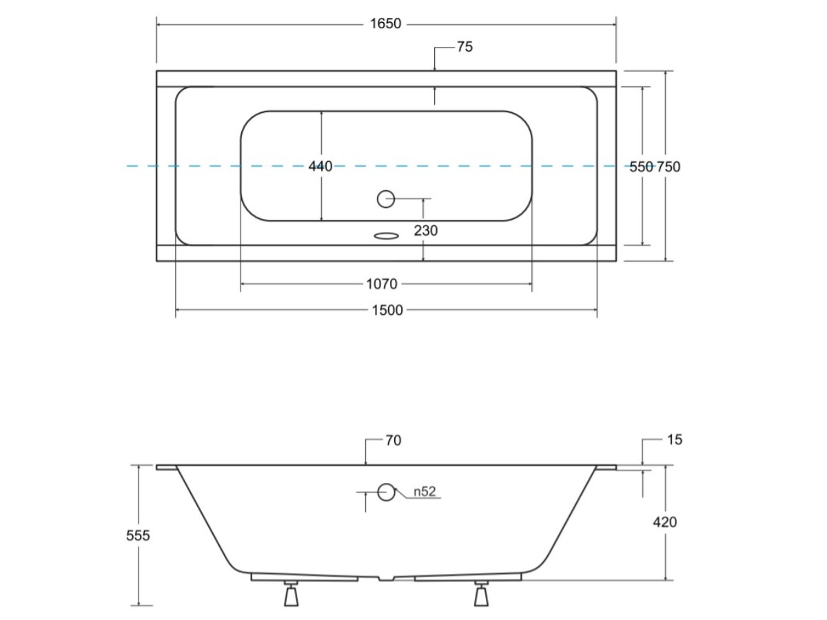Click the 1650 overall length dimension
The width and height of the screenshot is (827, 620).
[x=385, y=23]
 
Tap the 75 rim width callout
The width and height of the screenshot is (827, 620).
[x=465, y=47]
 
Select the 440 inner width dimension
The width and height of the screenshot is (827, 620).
[x=320, y=166]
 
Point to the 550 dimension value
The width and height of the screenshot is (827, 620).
[x=641, y=167]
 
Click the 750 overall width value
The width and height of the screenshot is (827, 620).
[x=668, y=167]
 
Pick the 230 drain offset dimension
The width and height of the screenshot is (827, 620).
[x=426, y=230]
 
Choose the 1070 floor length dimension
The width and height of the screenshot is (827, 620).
[x=382, y=284]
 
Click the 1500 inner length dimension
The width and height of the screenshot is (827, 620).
[x=387, y=310]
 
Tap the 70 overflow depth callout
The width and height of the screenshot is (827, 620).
[x=394, y=440]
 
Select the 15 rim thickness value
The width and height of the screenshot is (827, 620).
[x=675, y=440]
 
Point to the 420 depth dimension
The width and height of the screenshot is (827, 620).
[x=664, y=522]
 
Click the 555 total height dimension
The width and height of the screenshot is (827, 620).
[x=138, y=535]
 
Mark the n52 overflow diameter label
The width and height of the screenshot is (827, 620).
[x=425, y=491]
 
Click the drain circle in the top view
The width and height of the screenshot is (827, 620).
[x=386, y=199]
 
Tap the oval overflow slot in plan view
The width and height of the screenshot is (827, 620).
[x=386, y=236]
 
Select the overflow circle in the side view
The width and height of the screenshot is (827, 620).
[x=386, y=492]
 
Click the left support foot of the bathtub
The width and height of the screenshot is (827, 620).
[x=291, y=594]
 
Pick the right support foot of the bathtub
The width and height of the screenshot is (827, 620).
[x=481, y=594]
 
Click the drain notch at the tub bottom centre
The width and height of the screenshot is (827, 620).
[x=386, y=578]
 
